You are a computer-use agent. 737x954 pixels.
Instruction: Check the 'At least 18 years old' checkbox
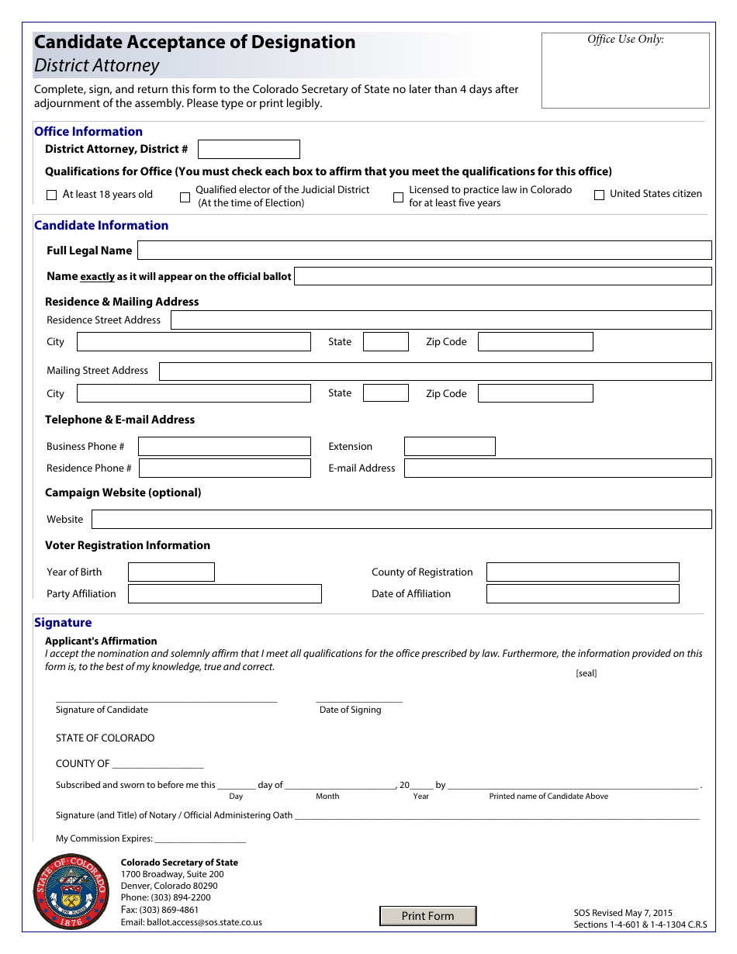[x=52, y=195]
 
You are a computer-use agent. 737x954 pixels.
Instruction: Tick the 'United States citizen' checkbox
[x=599, y=195]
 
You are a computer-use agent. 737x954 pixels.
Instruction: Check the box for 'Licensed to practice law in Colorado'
[x=398, y=197]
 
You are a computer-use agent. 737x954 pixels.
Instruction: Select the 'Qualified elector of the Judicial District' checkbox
[x=185, y=197]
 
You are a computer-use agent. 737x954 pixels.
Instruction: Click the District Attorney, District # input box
[x=248, y=150]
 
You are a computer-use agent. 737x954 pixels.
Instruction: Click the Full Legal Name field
[x=424, y=251]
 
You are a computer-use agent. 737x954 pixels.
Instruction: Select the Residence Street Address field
[x=441, y=320]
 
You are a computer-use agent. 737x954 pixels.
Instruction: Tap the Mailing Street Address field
[x=434, y=372]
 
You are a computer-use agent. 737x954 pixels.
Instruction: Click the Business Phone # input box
[x=224, y=447]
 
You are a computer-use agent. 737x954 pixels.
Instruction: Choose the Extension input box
[x=449, y=447]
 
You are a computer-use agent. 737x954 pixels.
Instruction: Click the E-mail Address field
[x=557, y=468]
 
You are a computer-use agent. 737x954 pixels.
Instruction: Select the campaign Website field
[x=401, y=520]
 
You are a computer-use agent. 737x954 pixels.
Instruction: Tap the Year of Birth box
[x=171, y=572]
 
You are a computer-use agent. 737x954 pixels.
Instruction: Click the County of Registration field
[x=582, y=572]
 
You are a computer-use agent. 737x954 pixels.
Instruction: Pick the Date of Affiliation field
[x=582, y=594]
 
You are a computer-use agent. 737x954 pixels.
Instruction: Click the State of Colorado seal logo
[x=71, y=892]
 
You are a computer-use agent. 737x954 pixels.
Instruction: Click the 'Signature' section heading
[x=63, y=623]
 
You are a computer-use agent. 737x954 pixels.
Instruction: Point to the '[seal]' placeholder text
[x=586, y=673]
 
